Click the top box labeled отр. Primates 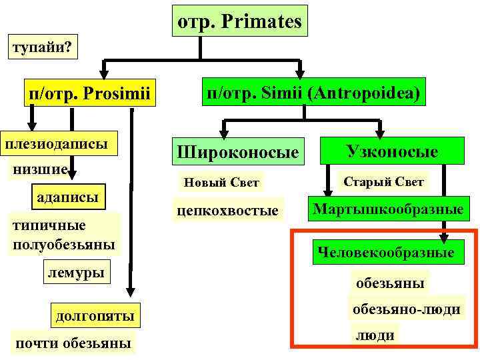pyautogui.click(x=239, y=22)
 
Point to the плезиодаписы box pyautogui.click(x=57, y=143)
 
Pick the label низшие pyautogui.click(x=40, y=170)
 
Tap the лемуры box pyautogui.click(x=76, y=271)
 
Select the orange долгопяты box pyautogui.click(x=95, y=315)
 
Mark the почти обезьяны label pyautogui.click(x=72, y=343)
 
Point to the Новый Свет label pyautogui.click(x=221, y=182)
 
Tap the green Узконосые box pyautogui.click(x=391, y=151)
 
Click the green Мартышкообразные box pyautogui.click(x=389, y=209)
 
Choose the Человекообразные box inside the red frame pyautogui.click(x=386, y=252)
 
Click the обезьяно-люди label pyautogui.click(x=406, y=309)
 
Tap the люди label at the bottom pyautogui.click(x=374, y=335)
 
